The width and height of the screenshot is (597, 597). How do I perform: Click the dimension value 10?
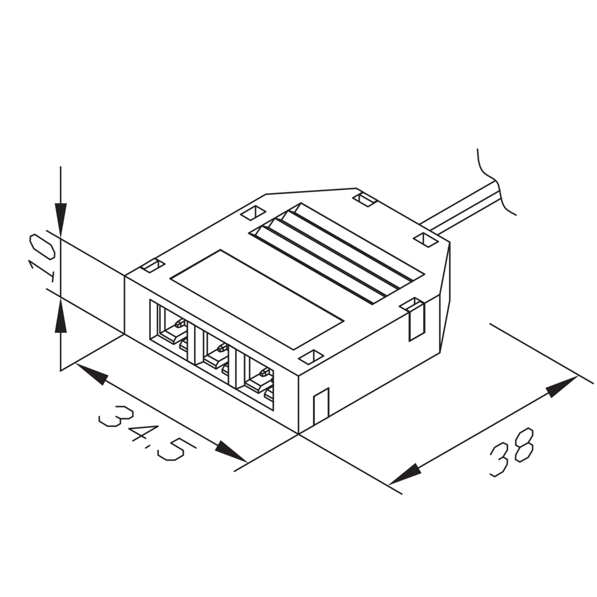pyautogui.click(x=43, y=257)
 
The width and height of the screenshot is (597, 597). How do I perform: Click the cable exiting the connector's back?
pyautogui.click(x=461, y=208)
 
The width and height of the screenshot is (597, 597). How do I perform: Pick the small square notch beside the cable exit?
pyautogui.click(x=426, y=239)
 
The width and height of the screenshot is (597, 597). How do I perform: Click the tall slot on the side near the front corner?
pyautogui.click(x=321, y=405)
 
